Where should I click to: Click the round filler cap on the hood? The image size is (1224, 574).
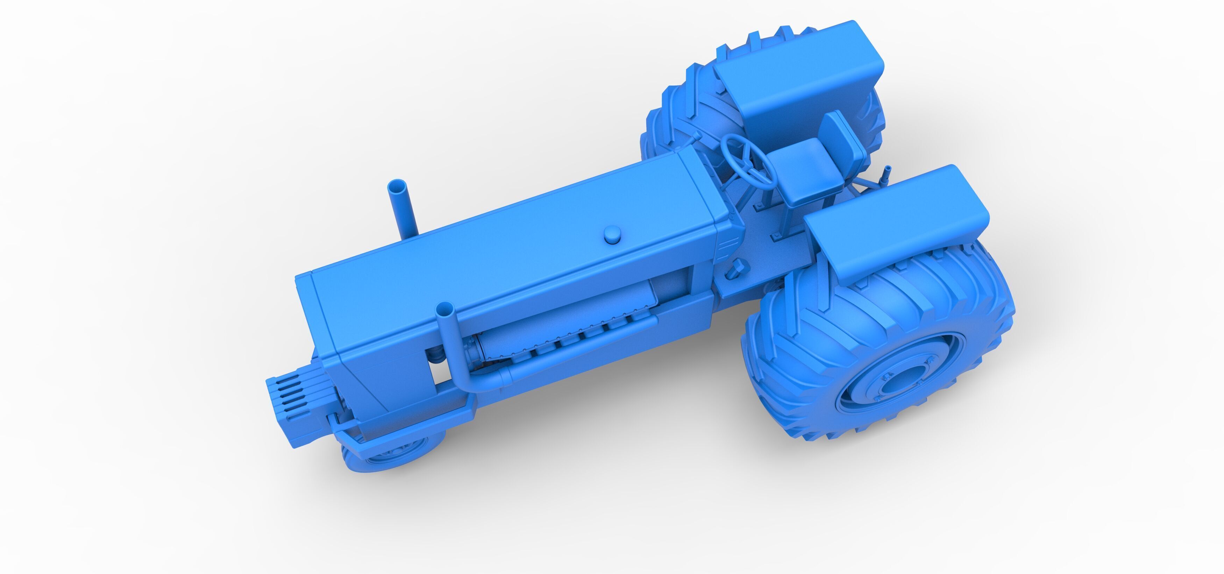[x=613, y=234]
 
